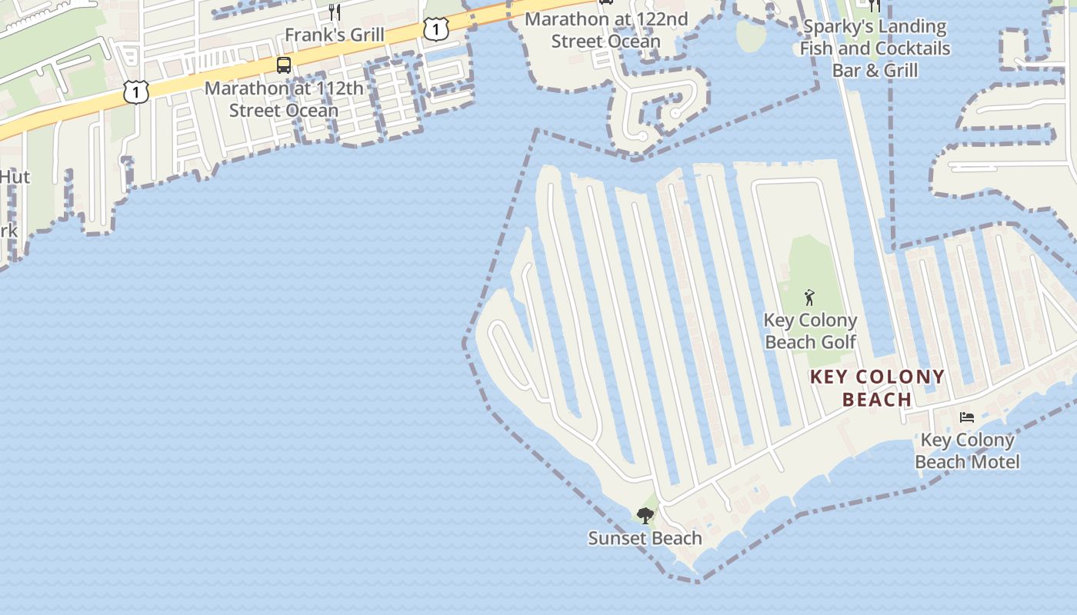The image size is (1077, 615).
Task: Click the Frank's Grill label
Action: click(x=334, y=35)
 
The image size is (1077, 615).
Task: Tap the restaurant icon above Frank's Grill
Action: click(x=334, y=12)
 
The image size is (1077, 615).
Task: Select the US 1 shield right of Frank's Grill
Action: click(x=435, y=29)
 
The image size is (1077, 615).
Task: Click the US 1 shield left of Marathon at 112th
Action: click(x=135, y=92)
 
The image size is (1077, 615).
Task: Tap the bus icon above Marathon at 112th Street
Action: click(x=284, y=65)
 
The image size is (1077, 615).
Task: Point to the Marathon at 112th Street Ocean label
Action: click(x=284, y=99)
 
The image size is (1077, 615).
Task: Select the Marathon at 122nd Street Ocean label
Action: click(x=606, y=30)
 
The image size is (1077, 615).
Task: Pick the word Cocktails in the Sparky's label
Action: click(x=908, y=48)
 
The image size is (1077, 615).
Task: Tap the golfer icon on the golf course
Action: click(x=809, y=297)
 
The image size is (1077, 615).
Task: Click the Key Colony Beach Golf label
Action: click(x=810, y=331)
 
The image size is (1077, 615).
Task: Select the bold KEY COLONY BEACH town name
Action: click(x=878, y=388)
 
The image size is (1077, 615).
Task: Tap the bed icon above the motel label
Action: click(x=967, y=417)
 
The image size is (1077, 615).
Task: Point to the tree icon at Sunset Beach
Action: click(x=645, y=515)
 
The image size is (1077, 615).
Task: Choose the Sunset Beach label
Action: click(x=645, y=538)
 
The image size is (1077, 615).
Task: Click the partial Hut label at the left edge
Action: click(x=14, y=177)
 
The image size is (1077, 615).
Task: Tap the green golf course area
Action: click(x=808, y=261)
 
